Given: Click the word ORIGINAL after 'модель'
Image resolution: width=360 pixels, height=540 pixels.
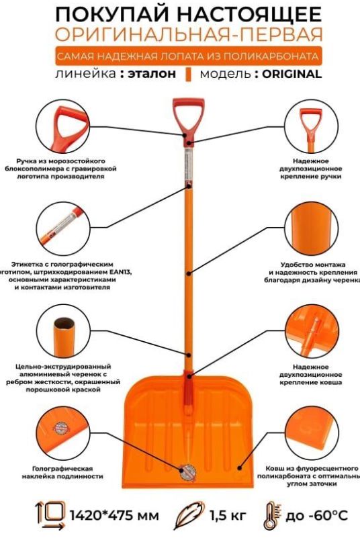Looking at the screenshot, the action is click(x=291, y=74).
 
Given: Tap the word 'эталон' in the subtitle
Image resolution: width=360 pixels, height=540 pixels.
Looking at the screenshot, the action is click(x=152, y=74).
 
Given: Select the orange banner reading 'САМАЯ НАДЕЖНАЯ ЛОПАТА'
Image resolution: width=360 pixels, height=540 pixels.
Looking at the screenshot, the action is click(x=189, y=56).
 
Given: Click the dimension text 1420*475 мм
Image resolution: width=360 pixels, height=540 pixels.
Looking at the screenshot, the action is click(x=115, y=516).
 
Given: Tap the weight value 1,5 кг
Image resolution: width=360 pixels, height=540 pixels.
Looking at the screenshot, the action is click(x=228, y=516).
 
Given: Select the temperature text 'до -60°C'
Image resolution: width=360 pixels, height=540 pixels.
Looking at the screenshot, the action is click(x=316, y=516).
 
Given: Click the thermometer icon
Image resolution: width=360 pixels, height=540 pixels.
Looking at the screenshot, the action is click(x=272, y=516).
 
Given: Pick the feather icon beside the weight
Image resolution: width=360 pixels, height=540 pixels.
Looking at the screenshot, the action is click(x=189, y=515).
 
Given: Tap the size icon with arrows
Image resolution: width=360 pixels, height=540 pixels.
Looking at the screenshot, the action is click(x=50, y=516).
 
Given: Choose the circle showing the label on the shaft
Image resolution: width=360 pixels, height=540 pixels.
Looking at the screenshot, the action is click(x=63, y=229).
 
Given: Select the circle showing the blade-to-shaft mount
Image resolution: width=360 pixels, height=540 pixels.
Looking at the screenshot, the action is click(x=312, y=331).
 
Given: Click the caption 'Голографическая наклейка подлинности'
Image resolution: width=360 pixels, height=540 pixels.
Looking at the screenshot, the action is click(x=62, y=473).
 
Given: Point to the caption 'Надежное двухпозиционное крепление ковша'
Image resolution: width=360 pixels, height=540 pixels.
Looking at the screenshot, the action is click(x=311, y=375).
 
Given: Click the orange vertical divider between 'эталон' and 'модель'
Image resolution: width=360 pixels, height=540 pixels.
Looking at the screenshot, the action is click(x=188, y=74).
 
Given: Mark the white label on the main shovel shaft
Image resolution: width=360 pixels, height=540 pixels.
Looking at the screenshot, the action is click(x=189, y=165).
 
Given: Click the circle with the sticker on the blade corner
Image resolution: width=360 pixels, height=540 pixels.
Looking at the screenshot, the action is click(x=63, y=433).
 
